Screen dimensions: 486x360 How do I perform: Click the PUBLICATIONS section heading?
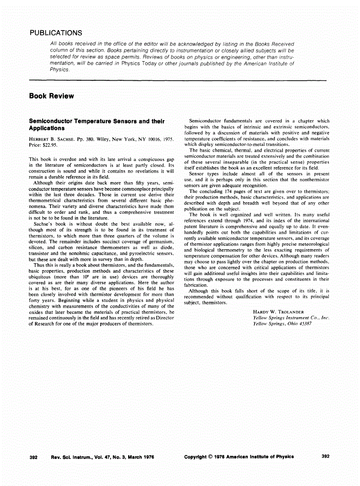(55, 33)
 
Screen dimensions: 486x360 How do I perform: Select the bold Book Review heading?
(51, 96)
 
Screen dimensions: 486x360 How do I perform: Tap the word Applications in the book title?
(47, 128)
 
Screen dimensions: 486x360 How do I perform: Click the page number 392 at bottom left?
(33, 457)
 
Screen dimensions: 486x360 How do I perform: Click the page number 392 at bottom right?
(325, 457)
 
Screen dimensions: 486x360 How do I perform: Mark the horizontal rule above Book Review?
(177, 80)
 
